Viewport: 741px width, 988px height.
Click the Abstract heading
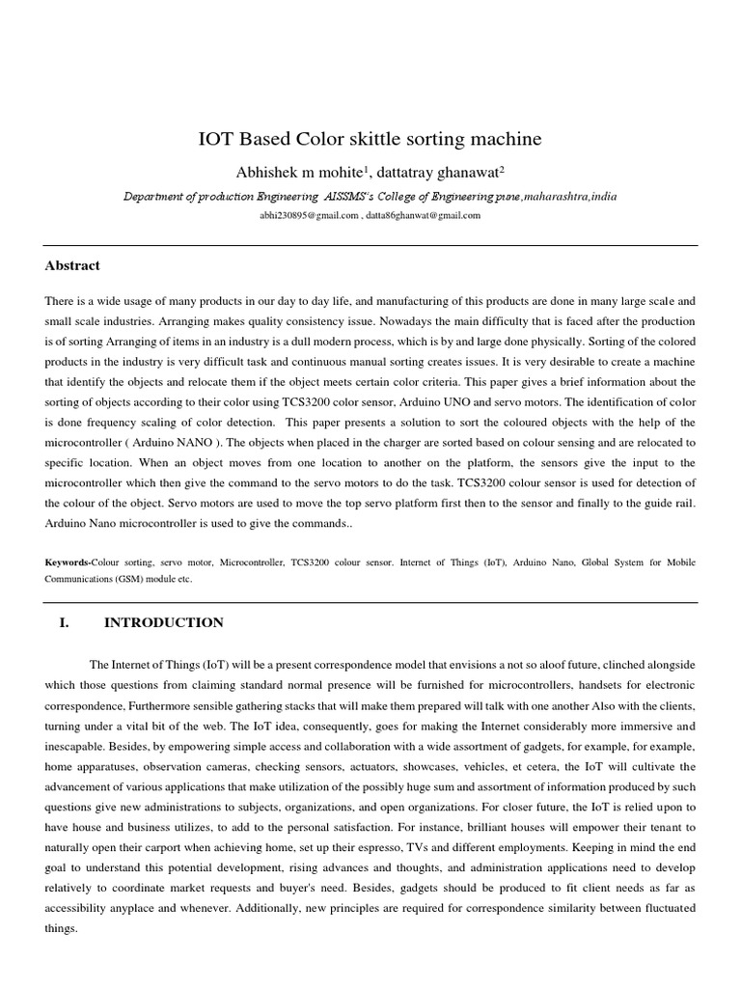(72, 265)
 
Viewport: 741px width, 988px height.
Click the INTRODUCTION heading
(163, 622)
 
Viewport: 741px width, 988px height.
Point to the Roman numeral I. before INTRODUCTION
(65, 622)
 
